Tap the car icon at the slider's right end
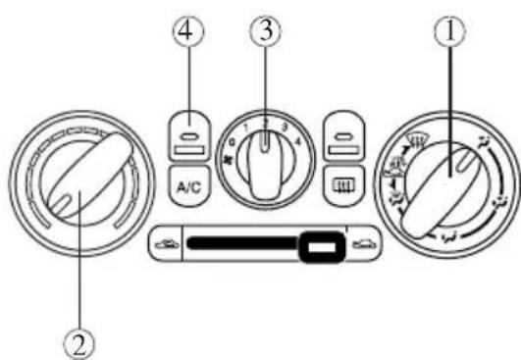(x=364, y=244)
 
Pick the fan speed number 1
(x=242, y=127)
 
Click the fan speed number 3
(x=286, y=127)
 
